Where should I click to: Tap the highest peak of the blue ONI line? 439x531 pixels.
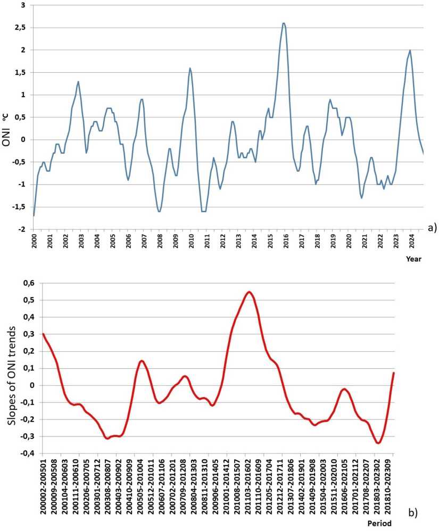(284, 23)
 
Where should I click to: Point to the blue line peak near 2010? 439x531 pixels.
(190, 68)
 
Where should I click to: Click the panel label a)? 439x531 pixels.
(431, 227)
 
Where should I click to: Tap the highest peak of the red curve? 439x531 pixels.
(249, 292)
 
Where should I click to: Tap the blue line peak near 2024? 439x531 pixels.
(410, 50)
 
